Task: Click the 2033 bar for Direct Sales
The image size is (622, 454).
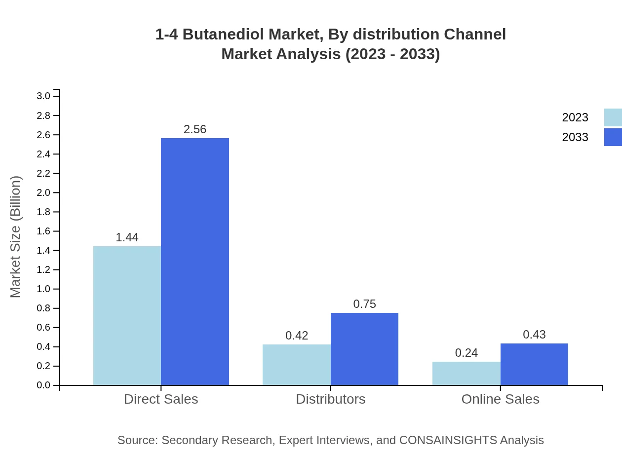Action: [x=195, y=262]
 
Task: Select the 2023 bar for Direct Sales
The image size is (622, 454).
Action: [x=127, y=316]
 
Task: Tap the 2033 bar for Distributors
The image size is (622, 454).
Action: [x=364, y=349]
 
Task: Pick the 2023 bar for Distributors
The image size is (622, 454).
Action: [x=296, y=365]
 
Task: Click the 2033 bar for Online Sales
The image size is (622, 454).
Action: [x=534, y=364]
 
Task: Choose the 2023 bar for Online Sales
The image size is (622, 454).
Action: [x=466, y=374]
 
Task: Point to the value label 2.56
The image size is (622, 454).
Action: [x=195, y=129]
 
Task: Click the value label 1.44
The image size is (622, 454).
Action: [x=127, y=237]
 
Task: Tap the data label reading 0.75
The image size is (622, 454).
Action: [x=364, y=304]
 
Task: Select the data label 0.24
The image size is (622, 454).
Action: [x=466, y=353]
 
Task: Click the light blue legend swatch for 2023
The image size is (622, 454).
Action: [x=613, y=117]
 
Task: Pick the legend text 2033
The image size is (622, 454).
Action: [x=575, y=137]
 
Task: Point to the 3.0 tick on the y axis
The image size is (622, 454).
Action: [x=43, y=96]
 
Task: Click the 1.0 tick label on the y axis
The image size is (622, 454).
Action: [x=43, y=289]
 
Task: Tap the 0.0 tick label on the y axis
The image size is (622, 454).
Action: [x=43, y=385]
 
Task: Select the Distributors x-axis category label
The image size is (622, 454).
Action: [x=330, y=399]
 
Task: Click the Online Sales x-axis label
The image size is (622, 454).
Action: [x=500, y=399]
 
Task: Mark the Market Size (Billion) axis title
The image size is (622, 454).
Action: [x=15, y=237]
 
